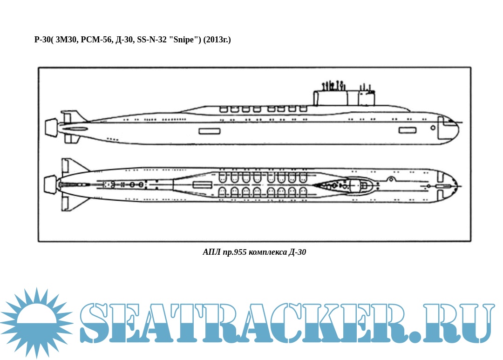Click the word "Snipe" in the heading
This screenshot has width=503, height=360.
click(184, 40)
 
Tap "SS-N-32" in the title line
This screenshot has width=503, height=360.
click(152, 40)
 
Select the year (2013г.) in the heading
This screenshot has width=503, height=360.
click(217, 40)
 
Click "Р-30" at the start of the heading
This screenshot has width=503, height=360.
click(42, 40)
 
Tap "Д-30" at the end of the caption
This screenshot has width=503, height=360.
click(297, 252)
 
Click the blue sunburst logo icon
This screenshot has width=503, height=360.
click(37, 322)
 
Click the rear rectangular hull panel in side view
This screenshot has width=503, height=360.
click(210, 131)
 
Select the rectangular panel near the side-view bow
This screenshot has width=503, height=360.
click(408, 130)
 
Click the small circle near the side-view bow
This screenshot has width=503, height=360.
click(433, 128)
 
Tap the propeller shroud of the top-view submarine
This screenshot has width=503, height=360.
click(50, 185)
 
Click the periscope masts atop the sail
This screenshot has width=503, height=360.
click(333, 86)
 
